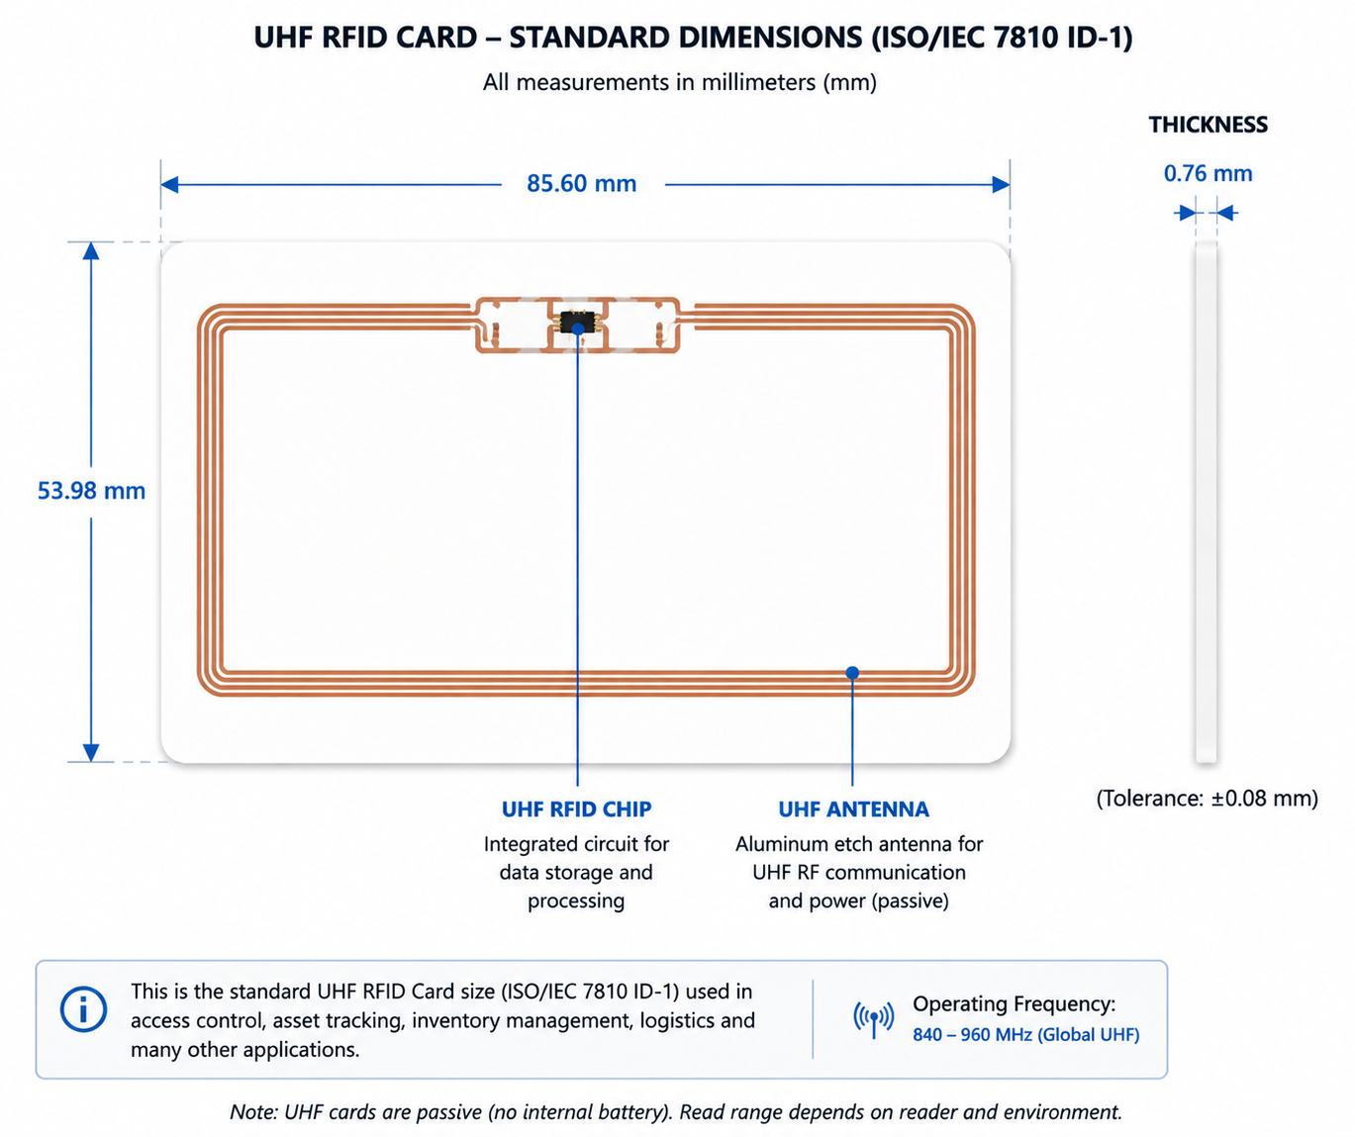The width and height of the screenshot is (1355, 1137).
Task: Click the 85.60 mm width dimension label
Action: (581, 184)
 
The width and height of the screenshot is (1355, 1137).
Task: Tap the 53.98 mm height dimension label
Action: (91, 491)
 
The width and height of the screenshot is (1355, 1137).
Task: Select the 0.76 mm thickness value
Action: (1208, 173)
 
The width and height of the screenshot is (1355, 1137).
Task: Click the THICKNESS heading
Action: (1208, 125)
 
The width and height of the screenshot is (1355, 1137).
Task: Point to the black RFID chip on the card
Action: (577, 322)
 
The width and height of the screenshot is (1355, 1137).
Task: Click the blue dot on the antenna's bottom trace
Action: (853, 672)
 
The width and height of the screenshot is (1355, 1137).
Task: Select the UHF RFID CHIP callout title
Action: (576, 809)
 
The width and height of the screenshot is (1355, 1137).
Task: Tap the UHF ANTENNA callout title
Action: (853, 809)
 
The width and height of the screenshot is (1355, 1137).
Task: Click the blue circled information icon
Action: (83, 1009)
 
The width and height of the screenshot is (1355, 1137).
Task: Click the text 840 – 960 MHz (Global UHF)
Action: (1026, 1034)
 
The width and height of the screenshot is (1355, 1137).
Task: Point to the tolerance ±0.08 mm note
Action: (1208, 799)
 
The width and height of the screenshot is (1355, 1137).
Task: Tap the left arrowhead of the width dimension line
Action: (169, 185)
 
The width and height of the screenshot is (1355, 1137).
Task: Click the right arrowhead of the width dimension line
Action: (1001, 185)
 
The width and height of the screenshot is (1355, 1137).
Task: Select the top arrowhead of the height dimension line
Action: (91, 251)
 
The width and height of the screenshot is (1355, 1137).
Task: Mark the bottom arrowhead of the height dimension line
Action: (91, 753)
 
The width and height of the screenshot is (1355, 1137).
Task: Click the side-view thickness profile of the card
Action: (1206, 502)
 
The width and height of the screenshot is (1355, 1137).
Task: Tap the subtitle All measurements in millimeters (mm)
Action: (679, 82)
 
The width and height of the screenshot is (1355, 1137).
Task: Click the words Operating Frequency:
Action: (1015, 1004)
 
